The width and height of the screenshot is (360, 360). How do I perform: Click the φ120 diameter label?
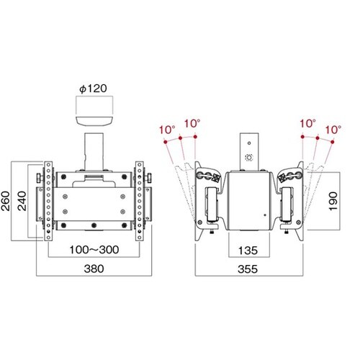[x=93, y=89]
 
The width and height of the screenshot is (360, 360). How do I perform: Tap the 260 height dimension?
[x=5, y=201]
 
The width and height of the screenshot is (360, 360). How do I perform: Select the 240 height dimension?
[x=22, y=201]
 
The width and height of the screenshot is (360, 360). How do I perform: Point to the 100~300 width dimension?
[x=94, y=250]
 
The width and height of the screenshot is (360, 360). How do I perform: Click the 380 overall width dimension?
[x=94, y=269]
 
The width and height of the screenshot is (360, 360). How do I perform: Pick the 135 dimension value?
[x=248, y=251]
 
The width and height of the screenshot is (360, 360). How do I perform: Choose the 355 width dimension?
[x=248, y=269]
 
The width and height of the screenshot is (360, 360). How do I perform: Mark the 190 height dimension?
[x=333, y=202]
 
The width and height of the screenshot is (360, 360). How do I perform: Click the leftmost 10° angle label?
[x=167, y=130]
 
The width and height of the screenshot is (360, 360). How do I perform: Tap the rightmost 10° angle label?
[x=333, y=130]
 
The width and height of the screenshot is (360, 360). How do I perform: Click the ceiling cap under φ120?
[x=94, y=121]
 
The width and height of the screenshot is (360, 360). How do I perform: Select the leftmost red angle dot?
[x=165, y=142]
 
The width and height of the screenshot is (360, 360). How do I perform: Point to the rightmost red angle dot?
[x=332, y=142]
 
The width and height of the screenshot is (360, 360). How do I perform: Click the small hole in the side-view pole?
[x=249, y=143]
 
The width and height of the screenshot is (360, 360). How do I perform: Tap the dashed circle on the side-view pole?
[x=249, y=158]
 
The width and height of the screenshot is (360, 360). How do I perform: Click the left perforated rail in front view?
[x=48, y=201]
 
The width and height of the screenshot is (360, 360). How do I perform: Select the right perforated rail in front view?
[x=139, y=201]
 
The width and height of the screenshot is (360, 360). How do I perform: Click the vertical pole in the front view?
[x=94, y=152]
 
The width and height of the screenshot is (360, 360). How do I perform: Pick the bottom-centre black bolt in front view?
[x=94, y=225]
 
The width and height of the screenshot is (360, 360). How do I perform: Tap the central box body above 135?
[x=249, y=201]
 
